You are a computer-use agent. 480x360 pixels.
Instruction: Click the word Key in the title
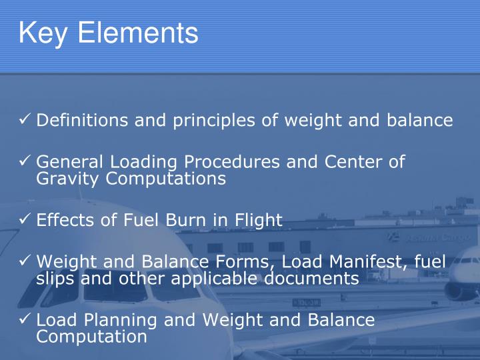pos(43,33)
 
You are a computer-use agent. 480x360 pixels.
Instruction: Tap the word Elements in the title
pos(138,33)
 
